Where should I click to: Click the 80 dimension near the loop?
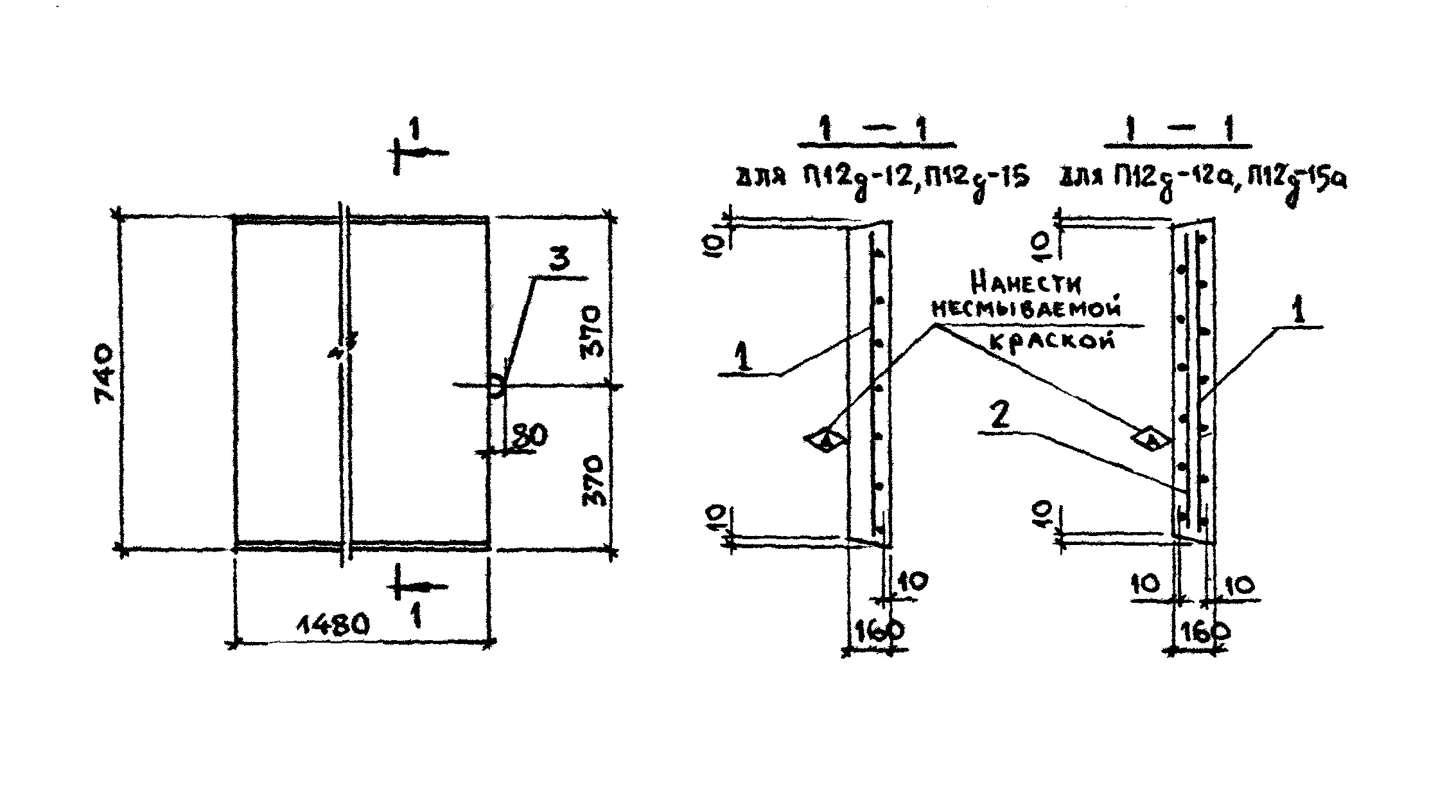(529, 436)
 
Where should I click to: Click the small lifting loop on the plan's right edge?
(495, 386)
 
